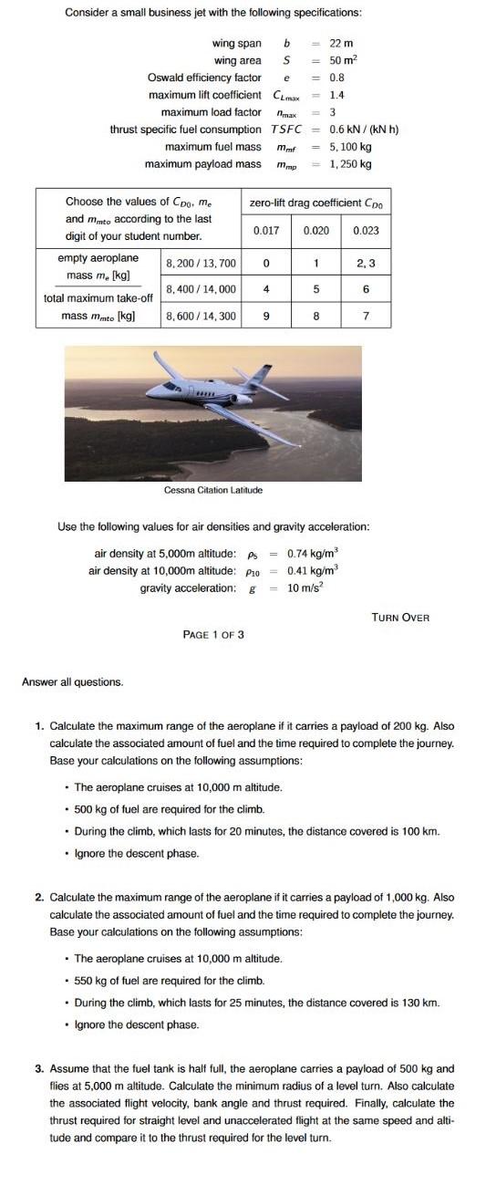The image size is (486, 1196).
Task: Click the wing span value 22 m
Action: pos(341,44)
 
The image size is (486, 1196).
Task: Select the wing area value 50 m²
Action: pos(343,60)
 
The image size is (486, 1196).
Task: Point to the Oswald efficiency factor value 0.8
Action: pos(336,78)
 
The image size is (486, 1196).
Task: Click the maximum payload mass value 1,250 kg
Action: pos(350,164)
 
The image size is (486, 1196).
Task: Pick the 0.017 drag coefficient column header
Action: pos(266,232)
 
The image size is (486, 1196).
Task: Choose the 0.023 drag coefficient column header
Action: pos(366,232)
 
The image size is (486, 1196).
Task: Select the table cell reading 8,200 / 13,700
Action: pos(201,263)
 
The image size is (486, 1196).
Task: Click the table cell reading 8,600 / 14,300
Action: pos(201,316)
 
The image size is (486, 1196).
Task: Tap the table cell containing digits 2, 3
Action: pos(366,263)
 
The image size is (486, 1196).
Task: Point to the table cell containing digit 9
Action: pos(265,316)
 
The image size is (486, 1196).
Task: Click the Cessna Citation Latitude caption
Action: pos(212,490)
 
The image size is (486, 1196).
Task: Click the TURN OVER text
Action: pos(400,618)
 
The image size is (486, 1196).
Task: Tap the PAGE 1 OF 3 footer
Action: pos(213,634)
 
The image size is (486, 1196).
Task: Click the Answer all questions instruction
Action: pos(72,681)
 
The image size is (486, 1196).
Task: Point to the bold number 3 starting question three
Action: pos(39,1068)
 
